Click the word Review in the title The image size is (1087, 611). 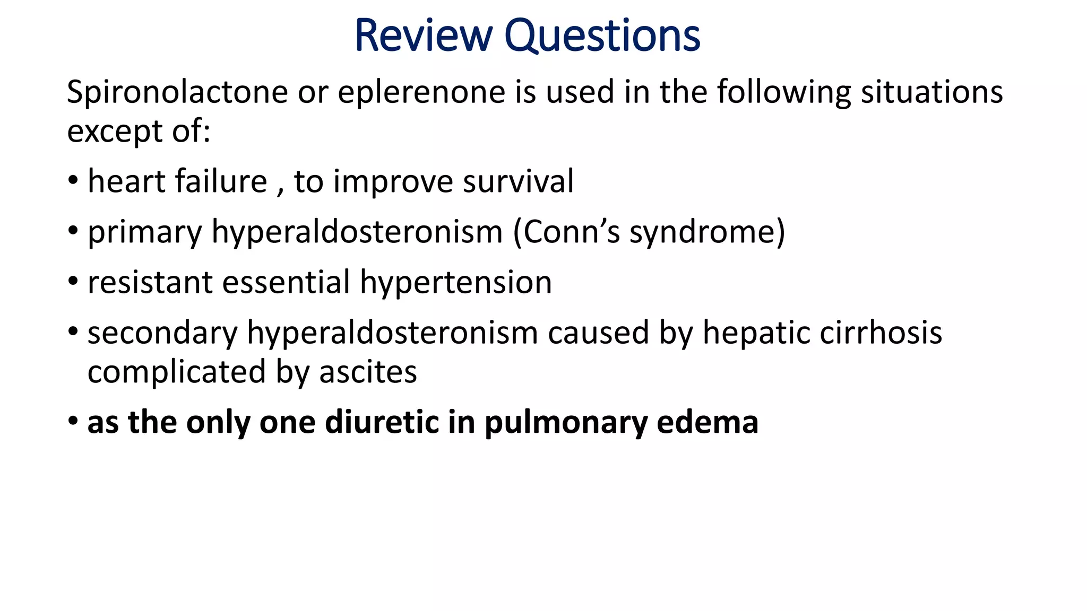423,36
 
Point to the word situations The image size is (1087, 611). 931,92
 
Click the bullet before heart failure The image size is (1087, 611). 73,181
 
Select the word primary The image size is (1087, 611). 145,232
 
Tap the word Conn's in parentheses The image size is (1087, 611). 571,232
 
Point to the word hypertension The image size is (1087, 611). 456,282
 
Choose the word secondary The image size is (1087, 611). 162,333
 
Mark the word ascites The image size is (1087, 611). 368,372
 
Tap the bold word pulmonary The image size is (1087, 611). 566,423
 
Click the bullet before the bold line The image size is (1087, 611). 73,422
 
